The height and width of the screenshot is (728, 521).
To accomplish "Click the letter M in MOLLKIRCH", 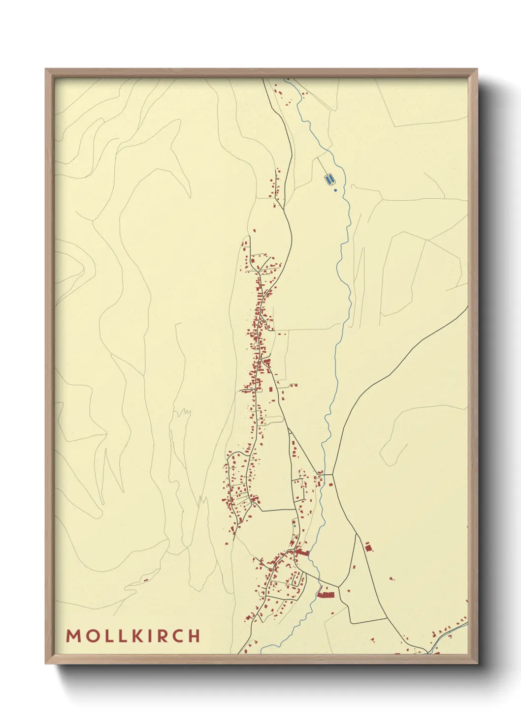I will [73, 636].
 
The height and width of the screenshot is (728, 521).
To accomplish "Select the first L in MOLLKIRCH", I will [108, 636].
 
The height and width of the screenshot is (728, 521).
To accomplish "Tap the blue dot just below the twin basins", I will [335, 190].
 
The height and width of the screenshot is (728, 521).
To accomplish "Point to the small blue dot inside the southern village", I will [294, 526].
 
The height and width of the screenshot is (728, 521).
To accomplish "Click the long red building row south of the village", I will [326, 595].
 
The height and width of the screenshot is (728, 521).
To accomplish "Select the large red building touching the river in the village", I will [302, 553].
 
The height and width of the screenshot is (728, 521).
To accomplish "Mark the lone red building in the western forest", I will [146, 580].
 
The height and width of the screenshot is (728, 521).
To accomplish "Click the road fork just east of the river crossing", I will [333, 474].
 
